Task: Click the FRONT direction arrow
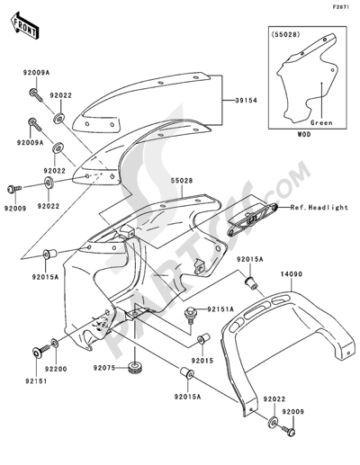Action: point(24,25)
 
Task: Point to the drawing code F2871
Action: point(340,7)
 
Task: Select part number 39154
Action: point(246,101)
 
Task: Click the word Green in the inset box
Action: point(321,122)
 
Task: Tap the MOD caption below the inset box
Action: point(304,135)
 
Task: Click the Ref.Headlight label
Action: point(319,207)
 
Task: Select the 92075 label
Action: point(104,368)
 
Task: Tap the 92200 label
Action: point(56,369)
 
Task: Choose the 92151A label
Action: point(220,309)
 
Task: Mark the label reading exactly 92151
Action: point(36,381)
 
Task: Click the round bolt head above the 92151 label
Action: point(37,353)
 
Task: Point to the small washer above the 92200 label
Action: point(55,343)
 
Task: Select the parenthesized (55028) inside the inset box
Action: point(285,34)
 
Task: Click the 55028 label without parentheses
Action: point(182,181)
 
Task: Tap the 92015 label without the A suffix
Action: point(202,361)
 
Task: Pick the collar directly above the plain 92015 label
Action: point(202,339)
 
